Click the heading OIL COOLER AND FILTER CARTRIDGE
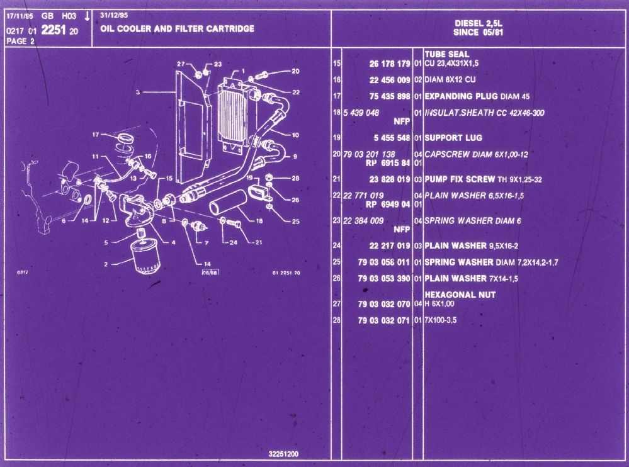click(x=177, y=29)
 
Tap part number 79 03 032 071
click(x=384, y=320)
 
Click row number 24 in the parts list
click(x=336, y=245)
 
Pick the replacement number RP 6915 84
click(x=388, y=162)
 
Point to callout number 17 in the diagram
click(x=96, y=134)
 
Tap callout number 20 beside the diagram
click(x=295, y=70)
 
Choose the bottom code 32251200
click(x=284, y=454)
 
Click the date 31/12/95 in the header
click(x=111, y=15)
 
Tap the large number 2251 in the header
click(x=54, y=30)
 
